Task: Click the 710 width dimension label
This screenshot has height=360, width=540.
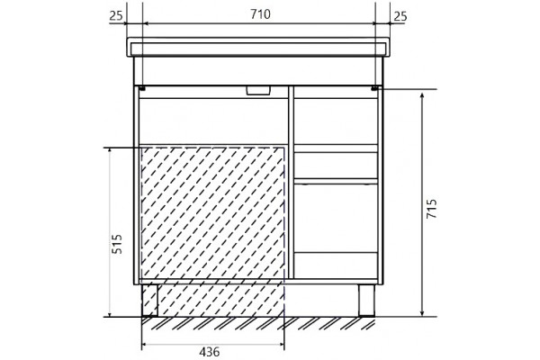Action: click(260, 14)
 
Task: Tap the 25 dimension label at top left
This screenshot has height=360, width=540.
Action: click(116, 16)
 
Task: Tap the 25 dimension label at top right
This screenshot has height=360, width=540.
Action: click(400, 16)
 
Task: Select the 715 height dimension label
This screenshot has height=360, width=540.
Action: click(431, 209)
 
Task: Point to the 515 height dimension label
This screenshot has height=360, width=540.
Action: click(117, 244)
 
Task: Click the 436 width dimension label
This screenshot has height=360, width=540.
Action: click(209, 352)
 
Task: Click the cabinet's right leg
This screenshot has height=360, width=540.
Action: click(366, 300)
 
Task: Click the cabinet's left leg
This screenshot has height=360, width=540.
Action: click(149, 300)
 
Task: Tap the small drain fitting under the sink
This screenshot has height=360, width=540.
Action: click(258, 90)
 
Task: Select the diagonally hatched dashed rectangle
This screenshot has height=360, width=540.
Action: click(212, 232)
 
